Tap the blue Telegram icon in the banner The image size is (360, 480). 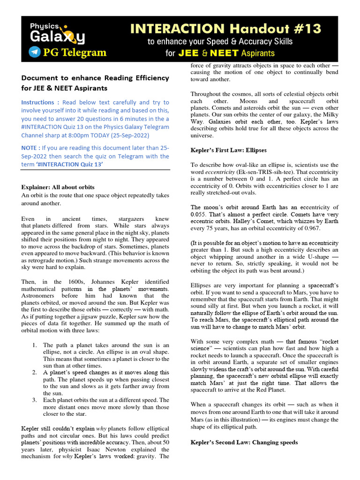(34, 52)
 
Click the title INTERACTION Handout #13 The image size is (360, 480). (229, 29)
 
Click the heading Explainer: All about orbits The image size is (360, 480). (58, 187)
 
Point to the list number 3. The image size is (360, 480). (35, 400)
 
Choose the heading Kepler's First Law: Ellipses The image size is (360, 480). (228, 150)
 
